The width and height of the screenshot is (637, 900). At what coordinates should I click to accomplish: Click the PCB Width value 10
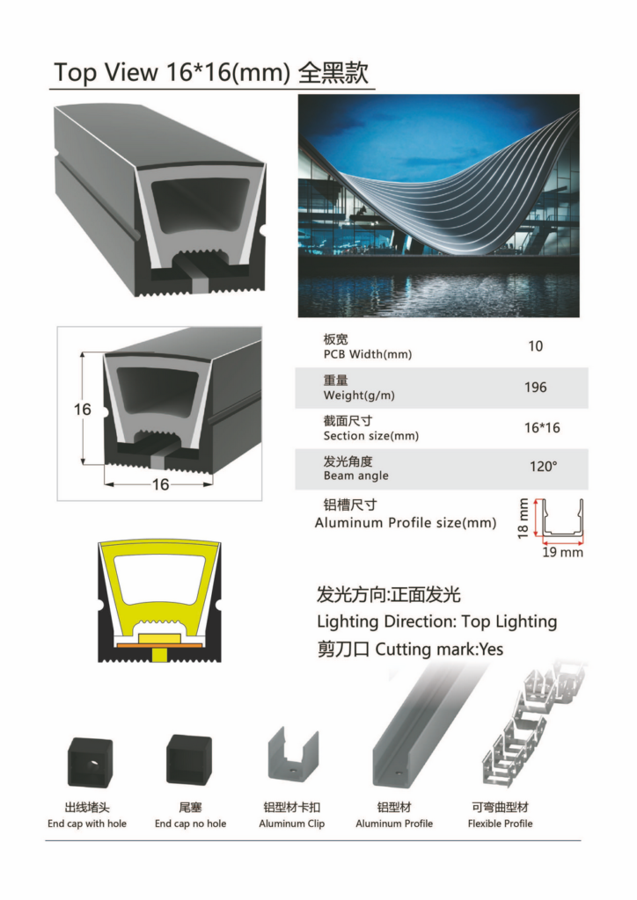click(535, 346)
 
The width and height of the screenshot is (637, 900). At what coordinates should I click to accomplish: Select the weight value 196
click(535, 388)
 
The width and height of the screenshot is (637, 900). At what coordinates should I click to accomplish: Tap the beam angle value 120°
click(544, 466)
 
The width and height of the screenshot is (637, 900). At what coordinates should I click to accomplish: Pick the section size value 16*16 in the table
click(542, 428)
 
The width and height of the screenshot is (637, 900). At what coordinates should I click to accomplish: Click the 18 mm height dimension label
click(523, 519)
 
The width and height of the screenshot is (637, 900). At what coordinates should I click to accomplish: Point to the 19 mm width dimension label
click(563, 552)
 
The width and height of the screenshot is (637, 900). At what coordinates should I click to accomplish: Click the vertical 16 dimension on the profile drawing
click(82, 410)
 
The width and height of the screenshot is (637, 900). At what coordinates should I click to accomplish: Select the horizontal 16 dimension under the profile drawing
click(160, 484)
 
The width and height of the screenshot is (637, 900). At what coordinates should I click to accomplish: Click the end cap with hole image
click(90, 762)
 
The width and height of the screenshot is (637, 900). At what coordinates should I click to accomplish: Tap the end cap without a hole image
click(189, 760)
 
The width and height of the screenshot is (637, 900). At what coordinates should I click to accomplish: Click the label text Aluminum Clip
click(292, 824)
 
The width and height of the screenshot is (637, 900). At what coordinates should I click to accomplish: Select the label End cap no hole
click(190, 824)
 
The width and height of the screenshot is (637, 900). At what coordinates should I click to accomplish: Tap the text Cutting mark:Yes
click(439, 650)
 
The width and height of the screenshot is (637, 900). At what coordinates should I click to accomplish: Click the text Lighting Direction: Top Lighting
click(437, 621)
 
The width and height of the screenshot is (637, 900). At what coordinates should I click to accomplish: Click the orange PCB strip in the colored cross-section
click(159, 645)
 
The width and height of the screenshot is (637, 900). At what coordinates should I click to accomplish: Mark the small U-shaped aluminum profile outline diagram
click(563, 519)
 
